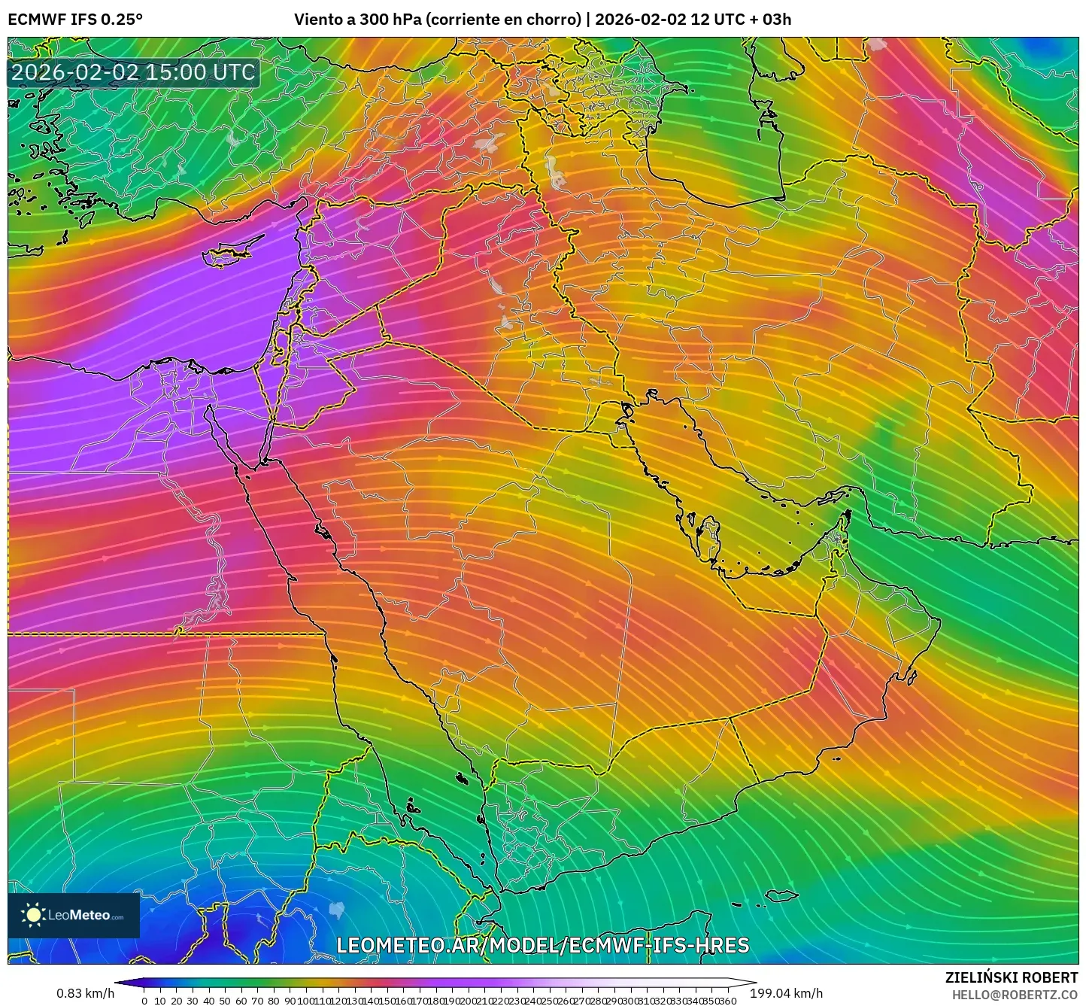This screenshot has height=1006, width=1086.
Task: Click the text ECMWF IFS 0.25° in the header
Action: tap(75, 20)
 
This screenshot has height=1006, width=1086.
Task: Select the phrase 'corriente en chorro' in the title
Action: tap(503, 20)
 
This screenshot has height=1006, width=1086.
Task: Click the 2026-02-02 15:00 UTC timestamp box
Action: tap(134, 72)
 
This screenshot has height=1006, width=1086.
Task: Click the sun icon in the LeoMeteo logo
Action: tap(33, 915)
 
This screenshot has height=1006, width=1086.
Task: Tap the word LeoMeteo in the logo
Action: tap(79, 916)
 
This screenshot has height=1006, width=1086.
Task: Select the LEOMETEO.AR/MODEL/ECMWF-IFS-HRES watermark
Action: tap(542, 945)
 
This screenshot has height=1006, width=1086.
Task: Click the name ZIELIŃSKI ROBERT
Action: tap(1012, 977)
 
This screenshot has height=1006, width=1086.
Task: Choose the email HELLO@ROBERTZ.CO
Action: tap(1015, 995)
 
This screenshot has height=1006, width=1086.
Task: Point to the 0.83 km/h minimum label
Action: tap(85, 994)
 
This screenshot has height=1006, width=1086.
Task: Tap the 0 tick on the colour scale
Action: tap(144, 1001)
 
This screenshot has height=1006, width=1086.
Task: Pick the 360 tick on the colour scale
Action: tap(728, 1001)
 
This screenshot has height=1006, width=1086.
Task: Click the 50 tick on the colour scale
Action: tap(225, 1001)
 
